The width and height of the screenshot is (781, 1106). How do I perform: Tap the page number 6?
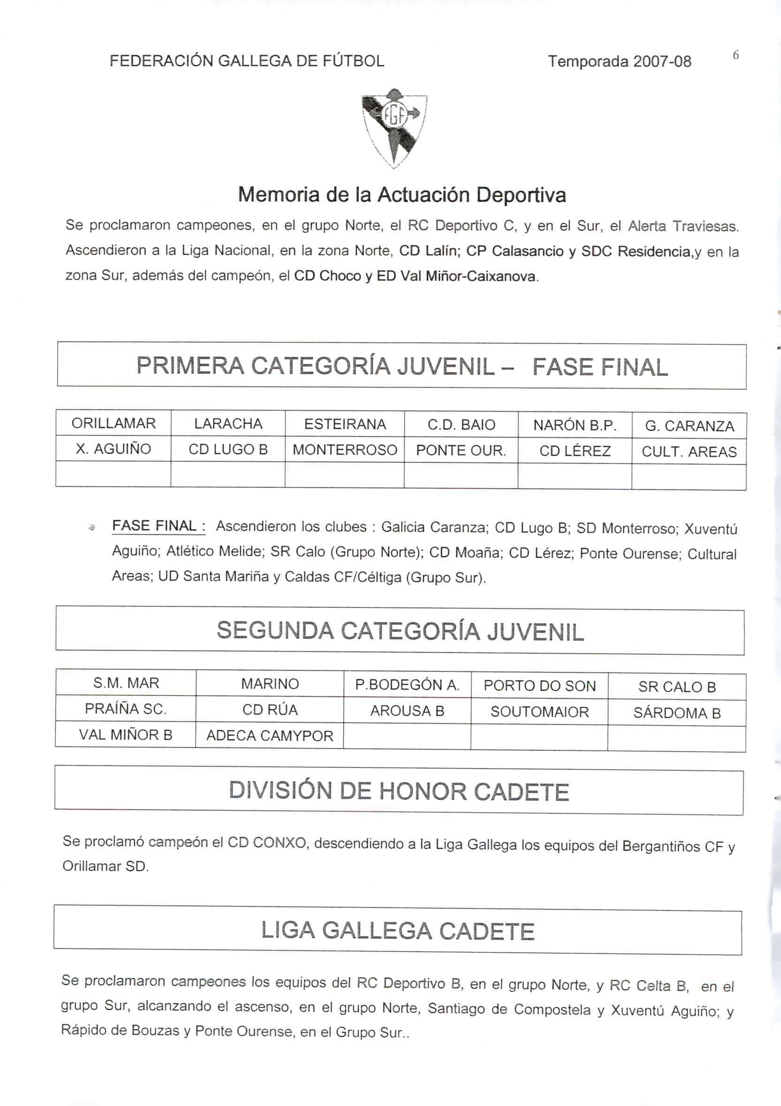coord(736,56)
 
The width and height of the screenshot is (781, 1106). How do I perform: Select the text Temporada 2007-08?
coord(619,62)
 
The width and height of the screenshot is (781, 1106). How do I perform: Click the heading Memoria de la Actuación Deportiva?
coord(402,194)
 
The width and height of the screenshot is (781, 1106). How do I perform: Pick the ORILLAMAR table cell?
coord(114,424)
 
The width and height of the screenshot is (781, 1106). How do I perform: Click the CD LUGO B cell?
coord(228,449)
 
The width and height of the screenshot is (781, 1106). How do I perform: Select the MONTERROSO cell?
coord(345,450)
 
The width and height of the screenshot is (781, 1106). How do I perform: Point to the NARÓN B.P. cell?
coord(574,425)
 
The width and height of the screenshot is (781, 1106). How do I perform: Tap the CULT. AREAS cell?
coord(689,452)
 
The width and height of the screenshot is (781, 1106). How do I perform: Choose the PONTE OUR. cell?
coord(461,450)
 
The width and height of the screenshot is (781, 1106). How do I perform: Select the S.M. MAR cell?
coord(126,683)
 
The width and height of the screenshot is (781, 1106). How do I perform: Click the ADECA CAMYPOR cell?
coord(270,735)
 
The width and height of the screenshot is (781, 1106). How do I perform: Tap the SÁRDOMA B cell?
coord(676,713)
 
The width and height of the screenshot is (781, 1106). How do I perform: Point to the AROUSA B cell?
coord(407,711)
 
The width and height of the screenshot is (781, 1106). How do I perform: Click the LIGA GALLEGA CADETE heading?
coord(398,931)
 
